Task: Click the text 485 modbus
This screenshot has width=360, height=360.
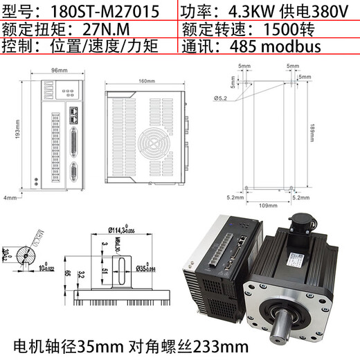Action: (276, 48)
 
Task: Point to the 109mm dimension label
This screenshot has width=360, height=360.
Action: (264, 205)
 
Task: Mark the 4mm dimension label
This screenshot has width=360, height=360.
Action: (9, 198)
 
